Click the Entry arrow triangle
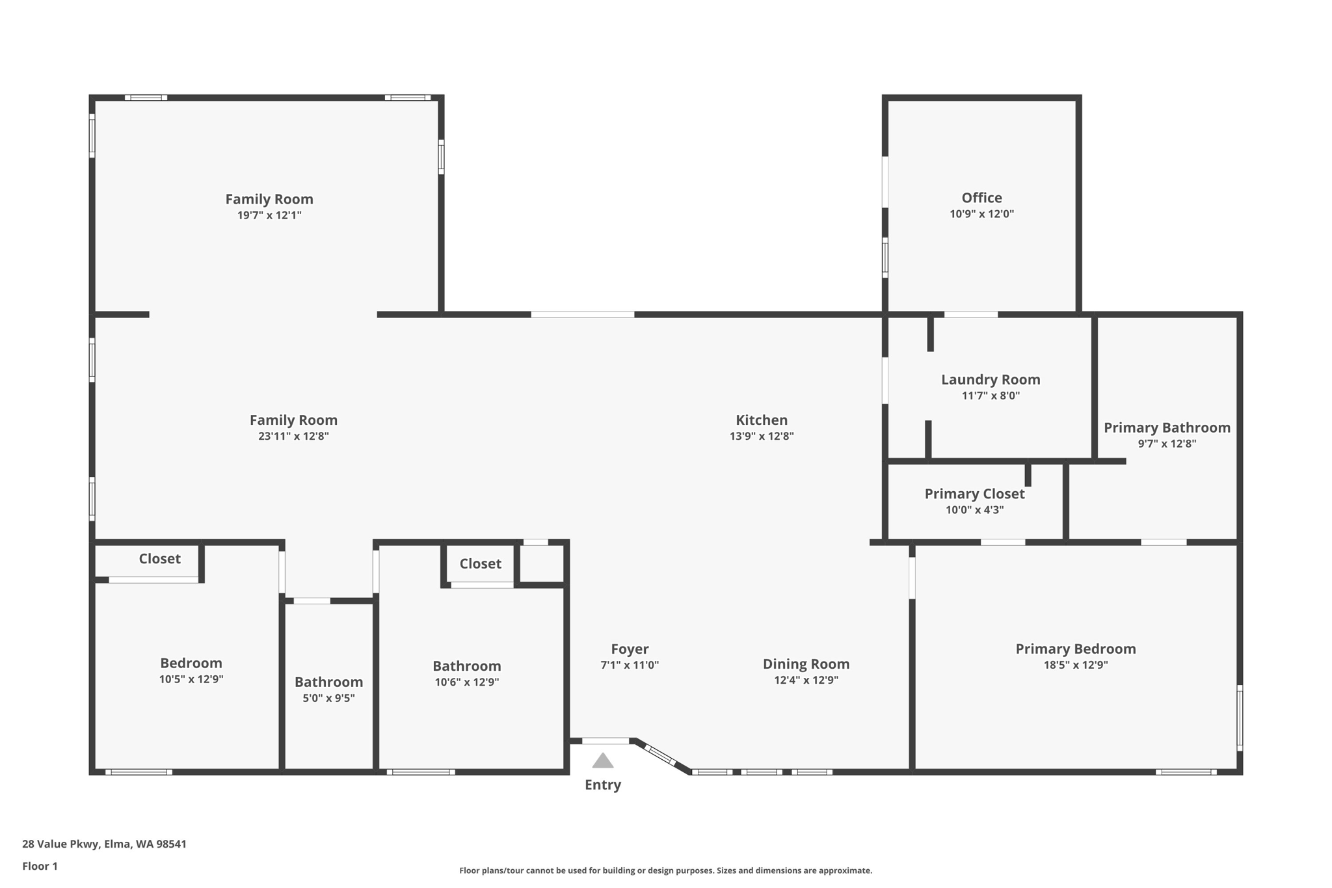point(603,761)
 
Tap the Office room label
point(981,198)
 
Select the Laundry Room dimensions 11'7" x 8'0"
point(991,396)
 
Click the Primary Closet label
point(974,494)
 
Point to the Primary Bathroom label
point(1167,427)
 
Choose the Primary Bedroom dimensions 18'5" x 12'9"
point(1075,665)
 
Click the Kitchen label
point(761,420)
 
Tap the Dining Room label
point(806,664)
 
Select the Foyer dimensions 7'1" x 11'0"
point(630,665)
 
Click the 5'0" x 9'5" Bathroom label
point(328,682)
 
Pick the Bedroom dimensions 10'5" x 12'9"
point(191,679)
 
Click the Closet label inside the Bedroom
point(159,559)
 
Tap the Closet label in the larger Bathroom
point(480,564)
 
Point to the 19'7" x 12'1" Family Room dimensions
point(269,215)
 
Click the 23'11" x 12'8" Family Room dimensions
point(293,437)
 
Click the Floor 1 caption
point(40,866)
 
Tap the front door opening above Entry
point(606,741)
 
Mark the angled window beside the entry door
point(661,755)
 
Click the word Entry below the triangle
point(603,785)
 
